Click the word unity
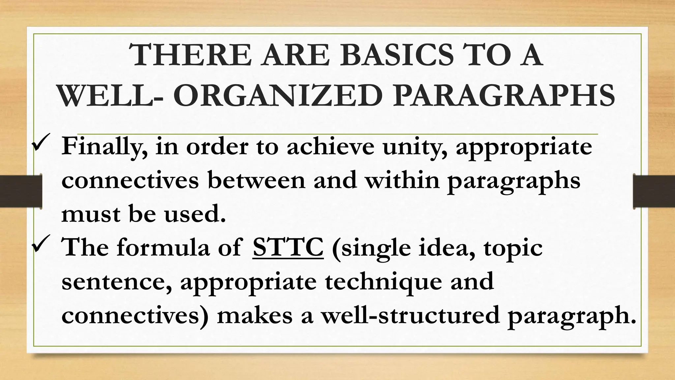pos(416,147)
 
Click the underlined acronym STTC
pos(288,248)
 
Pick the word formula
pos(163,248)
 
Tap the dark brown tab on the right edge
pos(654,192)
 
